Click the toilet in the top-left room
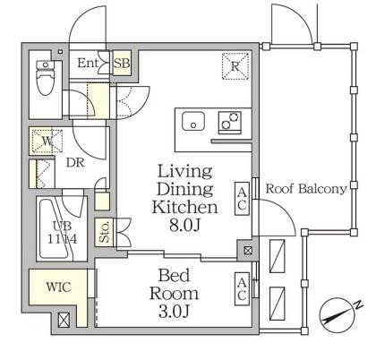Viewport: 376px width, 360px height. click(46, 78)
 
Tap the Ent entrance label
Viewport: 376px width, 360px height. click(88, 63)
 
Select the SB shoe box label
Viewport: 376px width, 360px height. click(122, 64)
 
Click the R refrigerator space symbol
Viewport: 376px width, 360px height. click(235, 66)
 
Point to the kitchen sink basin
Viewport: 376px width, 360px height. click(193, 121)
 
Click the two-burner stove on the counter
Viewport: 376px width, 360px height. click(230, 122)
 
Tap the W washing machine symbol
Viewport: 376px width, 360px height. click(47, 141)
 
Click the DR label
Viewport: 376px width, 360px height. click(75, 163)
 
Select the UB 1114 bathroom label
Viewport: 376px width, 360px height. click(63, 233)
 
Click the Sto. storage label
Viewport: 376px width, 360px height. click(105, 233)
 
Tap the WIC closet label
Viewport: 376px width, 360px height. click(59, 287)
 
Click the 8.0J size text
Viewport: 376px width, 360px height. click(184, 226)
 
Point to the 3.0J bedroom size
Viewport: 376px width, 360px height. click(174, 312)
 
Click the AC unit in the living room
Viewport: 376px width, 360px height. click(242, 199)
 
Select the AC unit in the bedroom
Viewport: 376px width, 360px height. click(242, 289)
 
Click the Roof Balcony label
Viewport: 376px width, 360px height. click(306, 189)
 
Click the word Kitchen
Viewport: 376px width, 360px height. click(184, 207)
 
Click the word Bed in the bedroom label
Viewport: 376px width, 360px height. click(174, 275)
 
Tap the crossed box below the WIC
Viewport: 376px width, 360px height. click(64, 320)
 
